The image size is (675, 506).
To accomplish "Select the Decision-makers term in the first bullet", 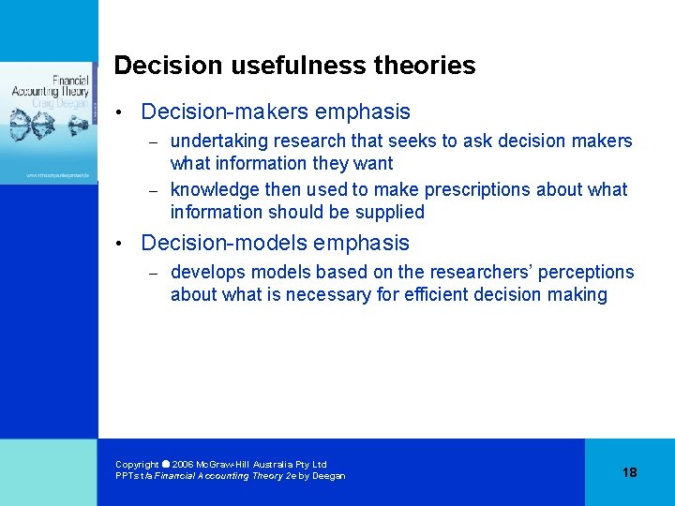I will click(x=224, y=112).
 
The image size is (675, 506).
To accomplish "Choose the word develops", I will click(x=204, y=272).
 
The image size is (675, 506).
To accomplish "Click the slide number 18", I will click(x=629, y=472).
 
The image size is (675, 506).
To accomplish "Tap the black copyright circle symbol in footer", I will click(x=166, y=464).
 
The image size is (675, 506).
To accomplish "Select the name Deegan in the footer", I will click(x=329, y=476).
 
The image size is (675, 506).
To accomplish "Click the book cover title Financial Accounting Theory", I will click(x=58, y=86).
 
